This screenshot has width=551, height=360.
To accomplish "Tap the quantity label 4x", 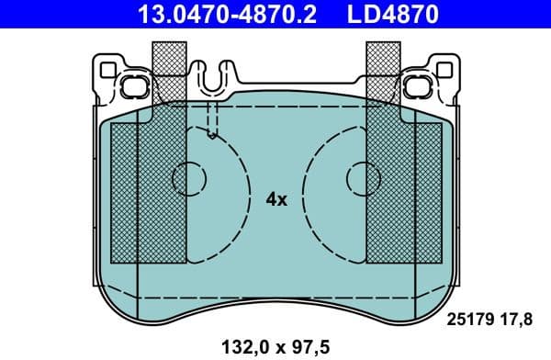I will click(276, 198).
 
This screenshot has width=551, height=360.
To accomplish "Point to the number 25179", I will click(469, 319).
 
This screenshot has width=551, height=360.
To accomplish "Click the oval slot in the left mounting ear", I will click(130, 88).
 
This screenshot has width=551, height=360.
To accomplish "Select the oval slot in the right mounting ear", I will click(422, 88).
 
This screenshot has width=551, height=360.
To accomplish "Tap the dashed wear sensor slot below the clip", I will click(213, 119).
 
